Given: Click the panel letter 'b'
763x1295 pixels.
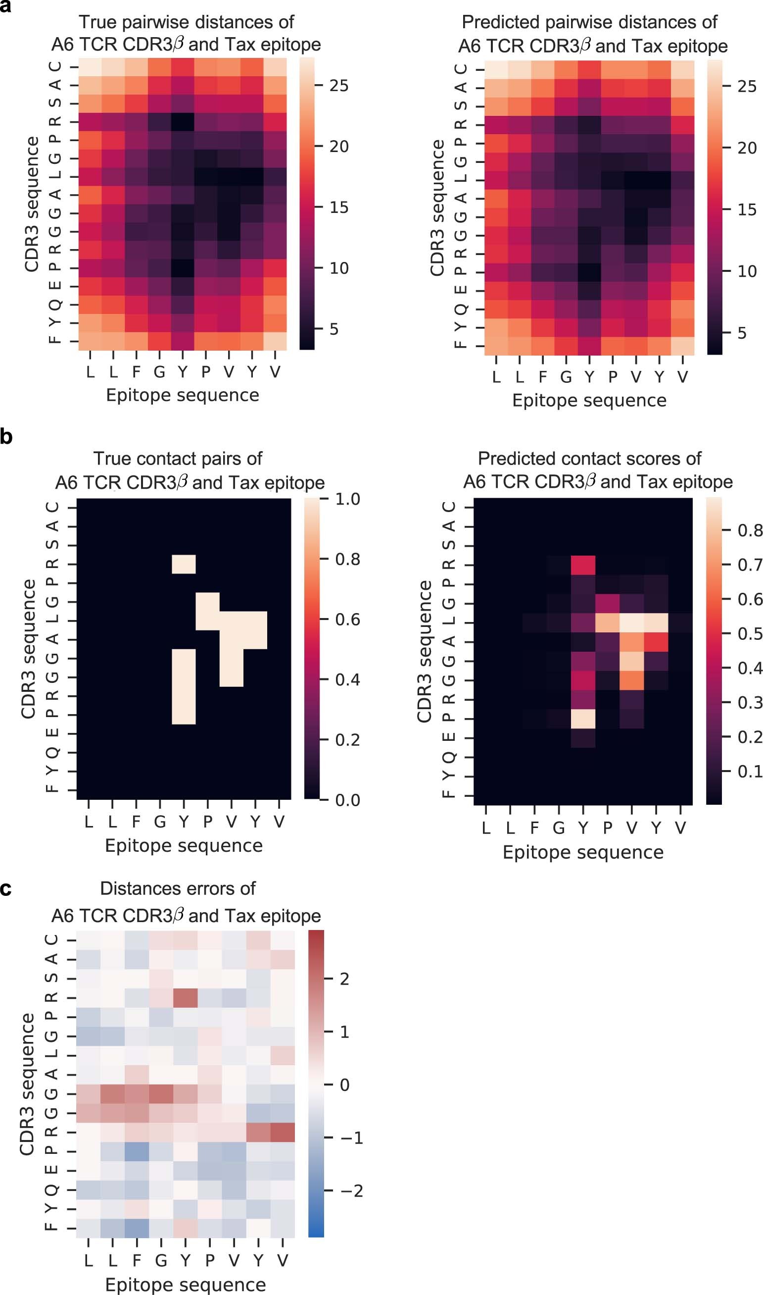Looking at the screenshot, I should [x=5, y=437].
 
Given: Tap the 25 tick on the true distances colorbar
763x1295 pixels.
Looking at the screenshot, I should [x=339, y=85].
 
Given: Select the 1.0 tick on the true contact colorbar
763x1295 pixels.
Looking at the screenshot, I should [x=347, y=499].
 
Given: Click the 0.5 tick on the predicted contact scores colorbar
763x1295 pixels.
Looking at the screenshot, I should [x=750, y=633].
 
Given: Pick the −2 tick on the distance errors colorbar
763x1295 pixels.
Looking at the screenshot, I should [x=351, y=1190].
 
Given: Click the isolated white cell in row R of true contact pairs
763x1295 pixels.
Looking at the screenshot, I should [x=184, y=564].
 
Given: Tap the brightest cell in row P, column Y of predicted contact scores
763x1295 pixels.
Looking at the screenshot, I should [x=583, y=719].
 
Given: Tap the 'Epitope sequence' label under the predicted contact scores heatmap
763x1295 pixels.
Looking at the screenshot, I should [x=582, y=852].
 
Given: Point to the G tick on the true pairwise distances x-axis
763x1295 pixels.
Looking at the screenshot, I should [x=159, y=371].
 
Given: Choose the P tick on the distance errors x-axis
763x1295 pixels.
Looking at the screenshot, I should [x=210, y=1260].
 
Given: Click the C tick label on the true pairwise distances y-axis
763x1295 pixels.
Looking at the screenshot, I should [x=54, y=66].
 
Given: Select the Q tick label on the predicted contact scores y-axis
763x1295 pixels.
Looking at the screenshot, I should [x=449, y=757].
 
